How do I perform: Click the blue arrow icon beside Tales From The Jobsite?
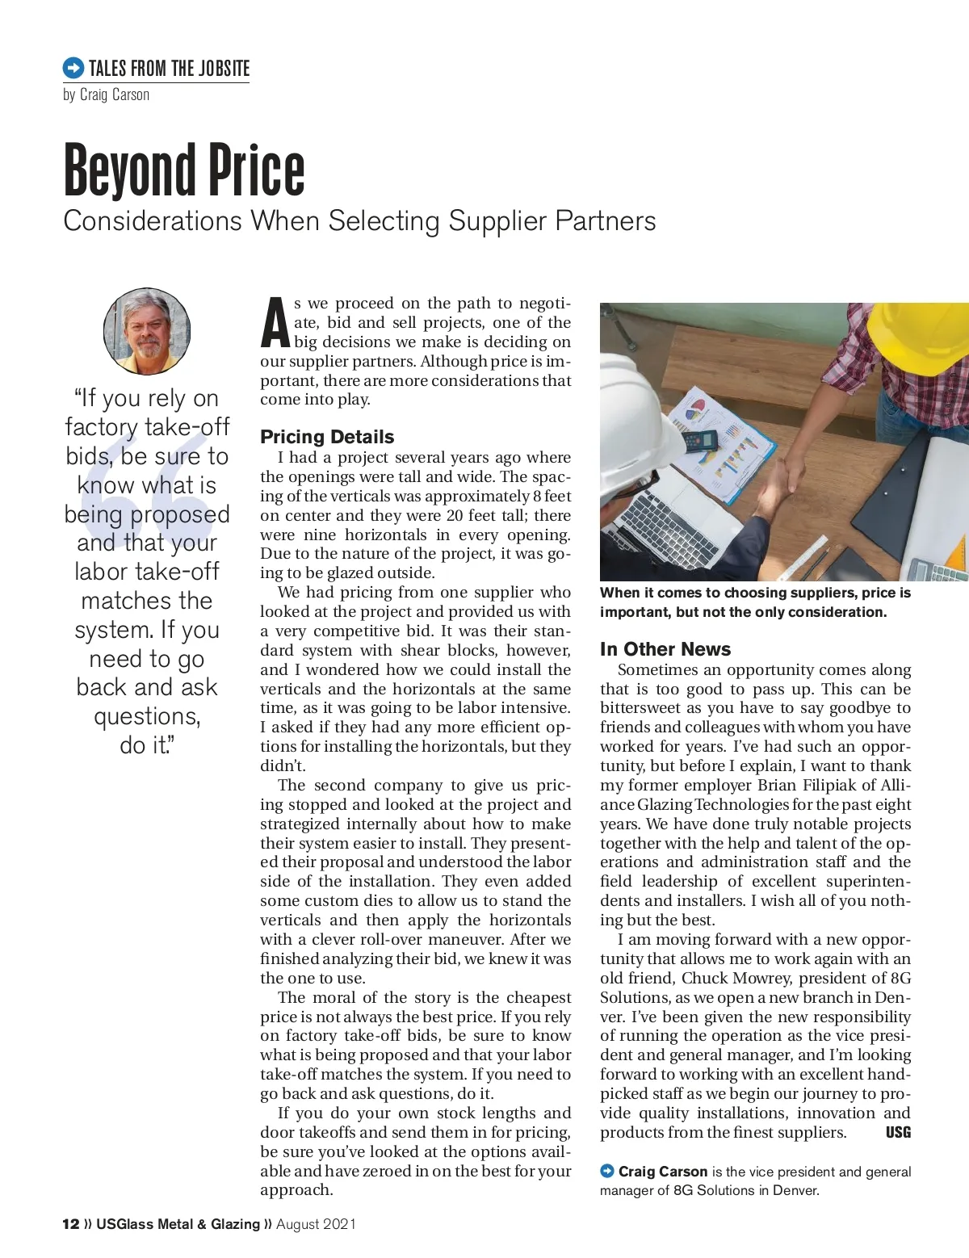tap(73, 68)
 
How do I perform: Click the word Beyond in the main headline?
tap(129, 170)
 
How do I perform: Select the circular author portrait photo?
tap(147, 331)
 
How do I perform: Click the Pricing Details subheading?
tap(327, 437)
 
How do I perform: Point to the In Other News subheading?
tap(665, 649)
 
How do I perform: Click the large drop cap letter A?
tap(275, 322)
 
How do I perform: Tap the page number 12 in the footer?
tap(70, 1224)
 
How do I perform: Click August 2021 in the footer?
tap(316, 1224)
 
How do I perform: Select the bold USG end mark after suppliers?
tap(898, 1132)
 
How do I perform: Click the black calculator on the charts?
tap(699, 441)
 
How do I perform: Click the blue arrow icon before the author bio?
tap(607, 1171)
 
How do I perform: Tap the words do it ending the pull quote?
tap(146, 744)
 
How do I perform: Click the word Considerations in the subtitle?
tap(153, 221)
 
